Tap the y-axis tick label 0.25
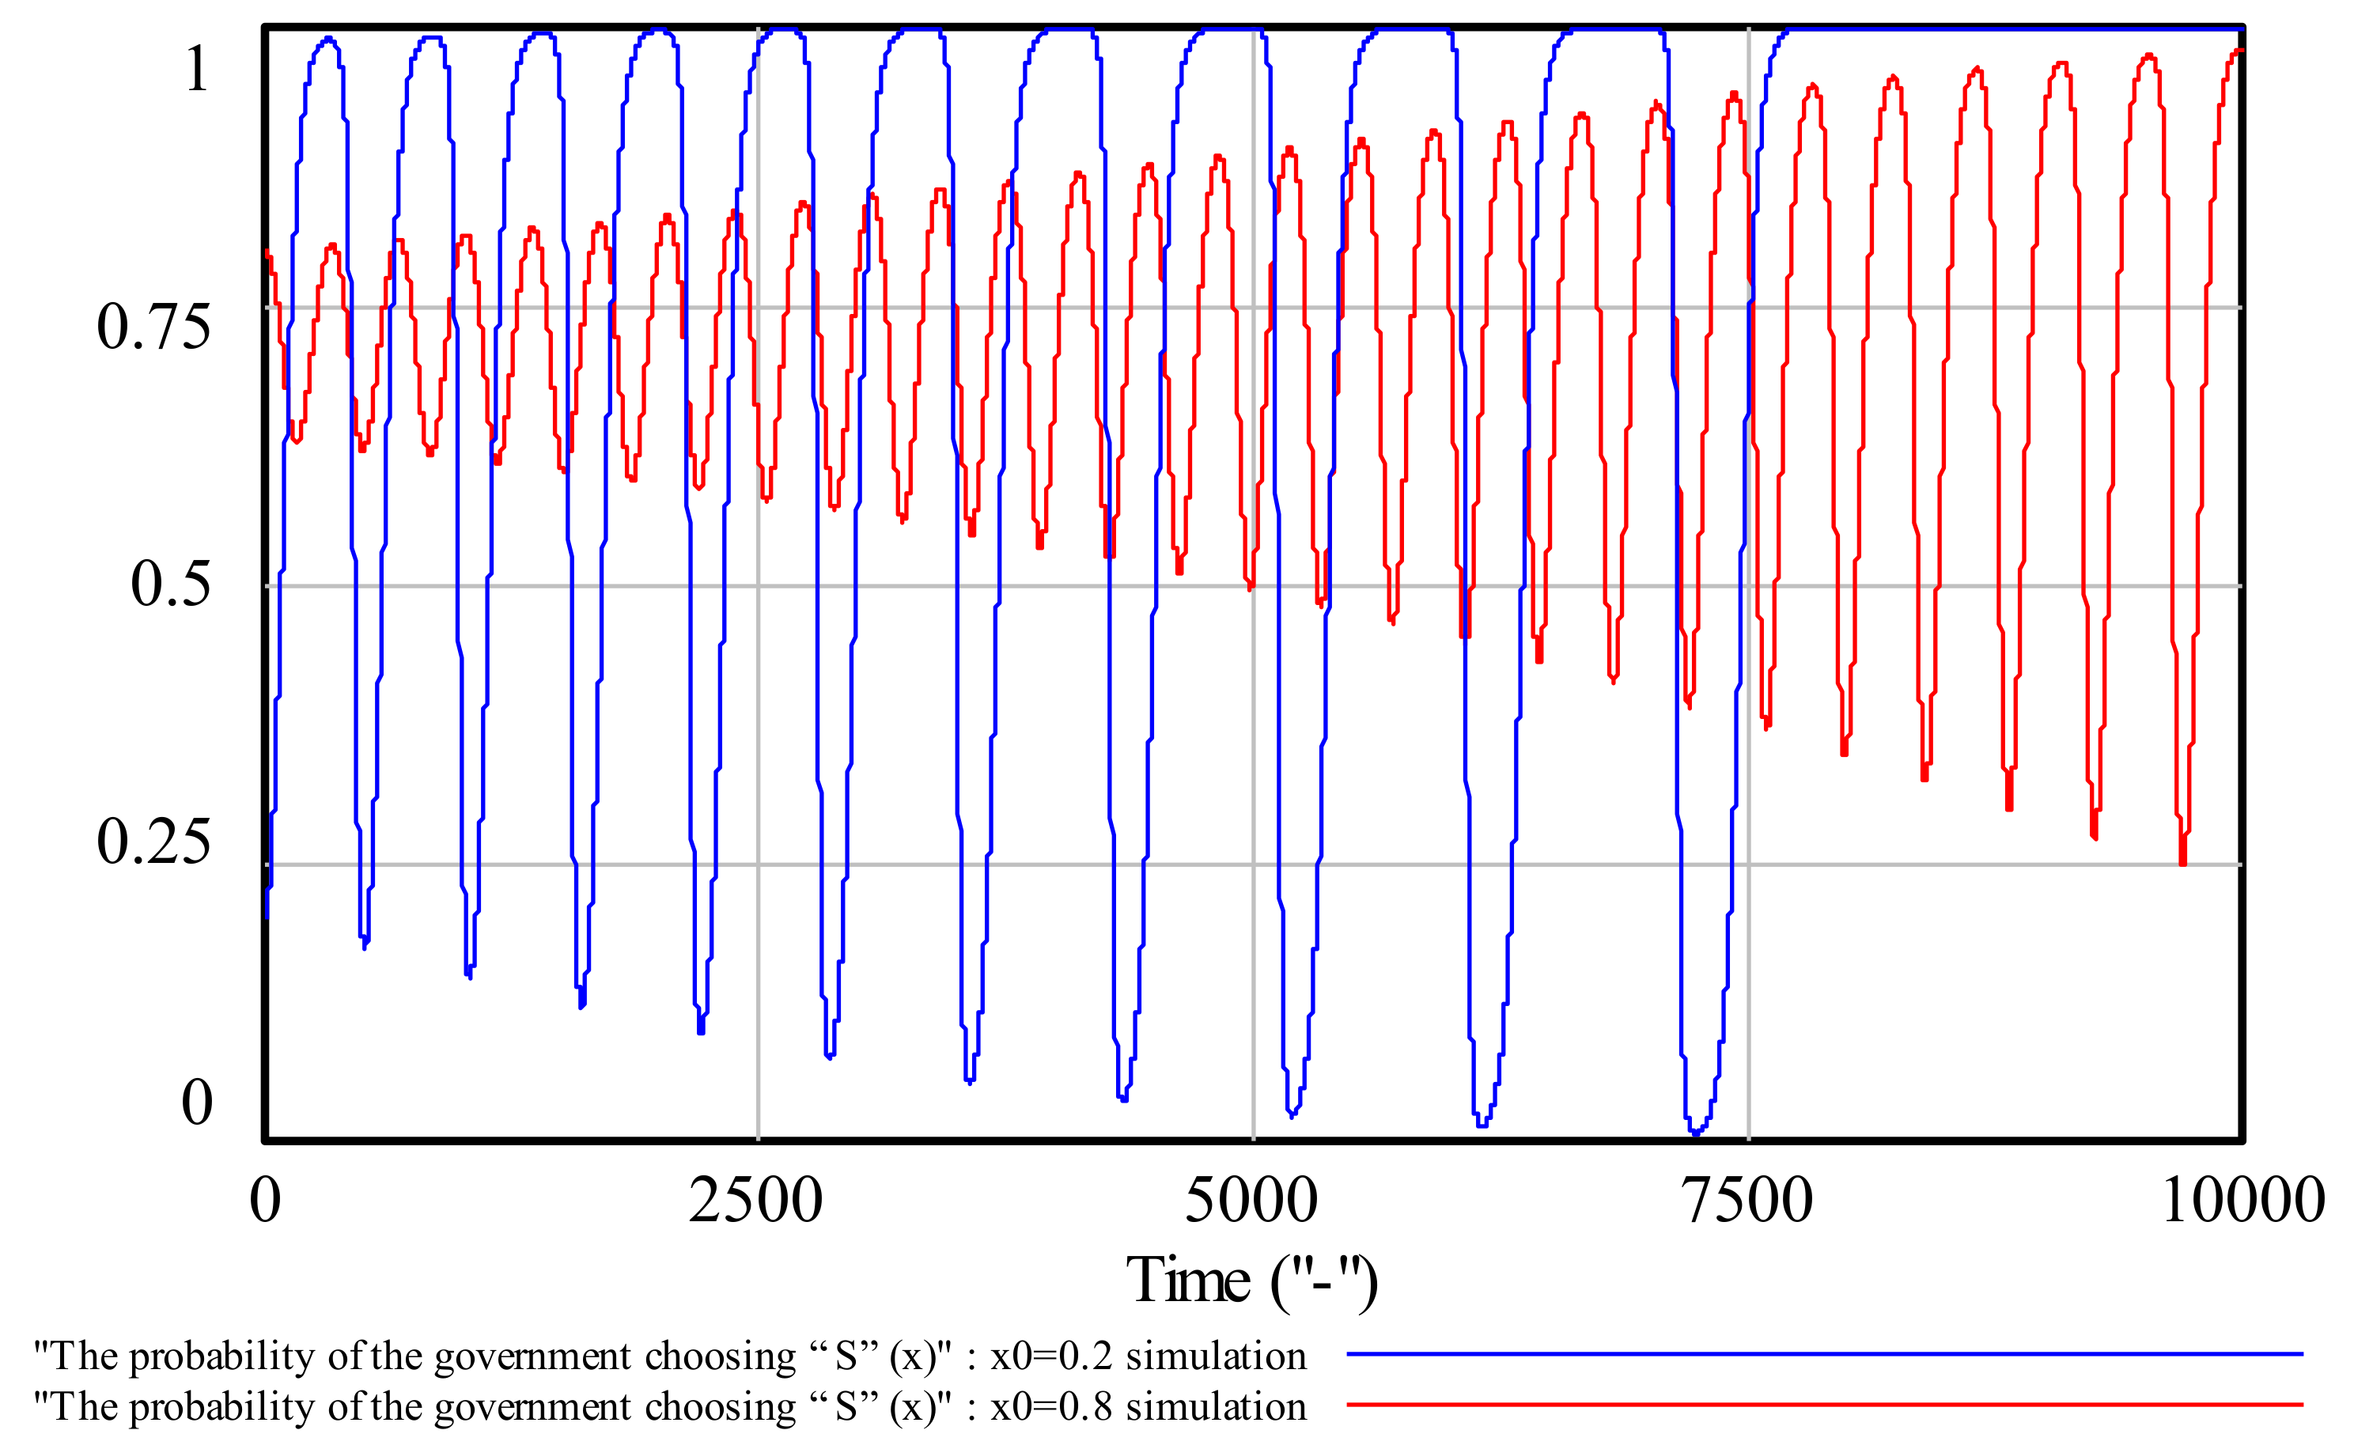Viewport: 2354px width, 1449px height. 153,842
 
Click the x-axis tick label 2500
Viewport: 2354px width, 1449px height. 755,1200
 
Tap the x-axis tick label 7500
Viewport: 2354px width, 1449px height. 1747,1200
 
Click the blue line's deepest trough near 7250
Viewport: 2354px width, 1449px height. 1696,1133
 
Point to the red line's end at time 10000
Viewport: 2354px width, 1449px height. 2240,51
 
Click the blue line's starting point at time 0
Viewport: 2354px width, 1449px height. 267,915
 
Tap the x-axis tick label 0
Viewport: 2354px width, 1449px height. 266,1200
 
